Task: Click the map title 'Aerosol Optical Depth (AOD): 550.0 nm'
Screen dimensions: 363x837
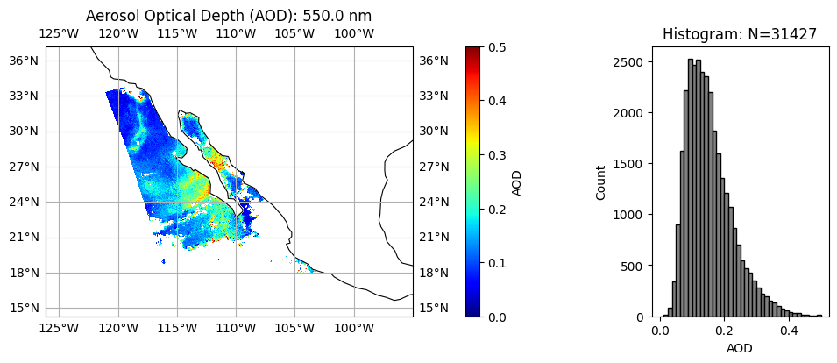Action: pos(228,16)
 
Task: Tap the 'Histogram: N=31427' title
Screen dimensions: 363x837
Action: pos(739,34)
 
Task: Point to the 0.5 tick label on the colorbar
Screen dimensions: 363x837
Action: pos(494,47)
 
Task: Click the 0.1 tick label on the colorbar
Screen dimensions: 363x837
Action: pos(494,263)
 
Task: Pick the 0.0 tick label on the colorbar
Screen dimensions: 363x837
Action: pos(494,317)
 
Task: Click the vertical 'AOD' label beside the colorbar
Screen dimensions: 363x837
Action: pos(517,181)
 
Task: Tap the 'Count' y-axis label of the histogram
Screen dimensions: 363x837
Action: pos(601,181)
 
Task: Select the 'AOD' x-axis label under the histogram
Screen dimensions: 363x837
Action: pos(739,348)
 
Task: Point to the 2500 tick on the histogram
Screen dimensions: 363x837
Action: pos(630,62)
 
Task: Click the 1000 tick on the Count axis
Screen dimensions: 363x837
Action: pos(630,215)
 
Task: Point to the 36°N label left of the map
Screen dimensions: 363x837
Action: pos(25,60)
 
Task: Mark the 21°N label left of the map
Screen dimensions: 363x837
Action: pos(25,237)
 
